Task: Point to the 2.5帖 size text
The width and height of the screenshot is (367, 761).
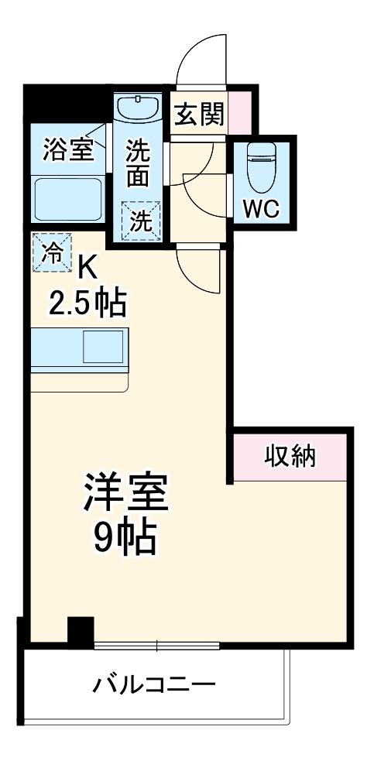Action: (x=87, y=303)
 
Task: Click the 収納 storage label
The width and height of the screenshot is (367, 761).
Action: (x=290, y=457)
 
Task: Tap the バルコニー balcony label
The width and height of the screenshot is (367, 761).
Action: (x=154, y=684)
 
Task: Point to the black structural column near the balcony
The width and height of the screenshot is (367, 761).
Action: (x=80, y=630)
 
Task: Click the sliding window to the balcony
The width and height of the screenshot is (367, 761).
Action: (x=157, y=644)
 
